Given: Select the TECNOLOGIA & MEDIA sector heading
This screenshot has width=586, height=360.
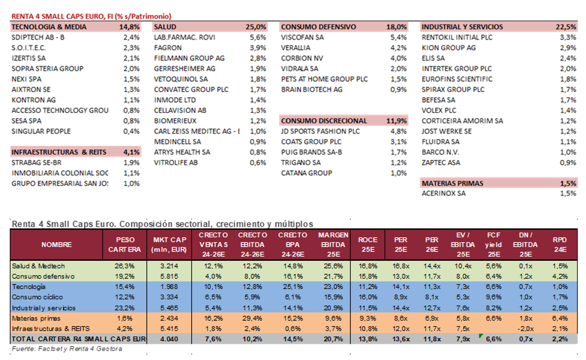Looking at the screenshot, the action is (49, 27).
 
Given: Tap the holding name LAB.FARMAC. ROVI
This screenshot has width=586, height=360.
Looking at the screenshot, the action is (184, 37).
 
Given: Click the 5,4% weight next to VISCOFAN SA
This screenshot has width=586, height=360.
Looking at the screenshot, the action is (399, 37).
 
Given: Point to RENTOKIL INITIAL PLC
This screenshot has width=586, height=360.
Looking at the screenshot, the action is (457, 37).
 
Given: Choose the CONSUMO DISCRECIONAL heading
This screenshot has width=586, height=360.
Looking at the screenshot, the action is (324, 121).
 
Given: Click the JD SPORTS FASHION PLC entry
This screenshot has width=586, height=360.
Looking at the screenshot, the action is (320, 131).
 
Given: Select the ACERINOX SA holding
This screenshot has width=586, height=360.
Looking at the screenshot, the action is (444, 194).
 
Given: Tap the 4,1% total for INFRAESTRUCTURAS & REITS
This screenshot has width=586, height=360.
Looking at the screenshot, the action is (131, 152).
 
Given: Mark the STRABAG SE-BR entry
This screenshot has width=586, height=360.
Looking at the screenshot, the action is (37, 163).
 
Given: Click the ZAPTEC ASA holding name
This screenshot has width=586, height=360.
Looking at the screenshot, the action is (441, 163).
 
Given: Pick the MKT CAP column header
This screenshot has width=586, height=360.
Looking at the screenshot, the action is (169, 245).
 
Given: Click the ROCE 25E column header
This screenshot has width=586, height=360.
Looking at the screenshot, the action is (368, 245).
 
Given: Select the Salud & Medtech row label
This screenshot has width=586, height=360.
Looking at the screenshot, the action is (38, 266).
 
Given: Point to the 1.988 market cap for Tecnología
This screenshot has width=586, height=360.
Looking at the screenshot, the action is (169, 287).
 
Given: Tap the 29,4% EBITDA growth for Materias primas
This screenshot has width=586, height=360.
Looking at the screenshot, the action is (253, 319).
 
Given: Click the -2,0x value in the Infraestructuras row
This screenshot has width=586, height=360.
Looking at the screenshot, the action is (525, 329).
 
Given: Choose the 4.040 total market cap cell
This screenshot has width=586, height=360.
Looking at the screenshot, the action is (169, 339).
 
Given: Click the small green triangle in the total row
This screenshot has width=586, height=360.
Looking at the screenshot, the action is (480, 335).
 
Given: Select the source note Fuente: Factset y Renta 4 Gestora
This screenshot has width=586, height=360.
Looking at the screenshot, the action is (67, 349).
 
